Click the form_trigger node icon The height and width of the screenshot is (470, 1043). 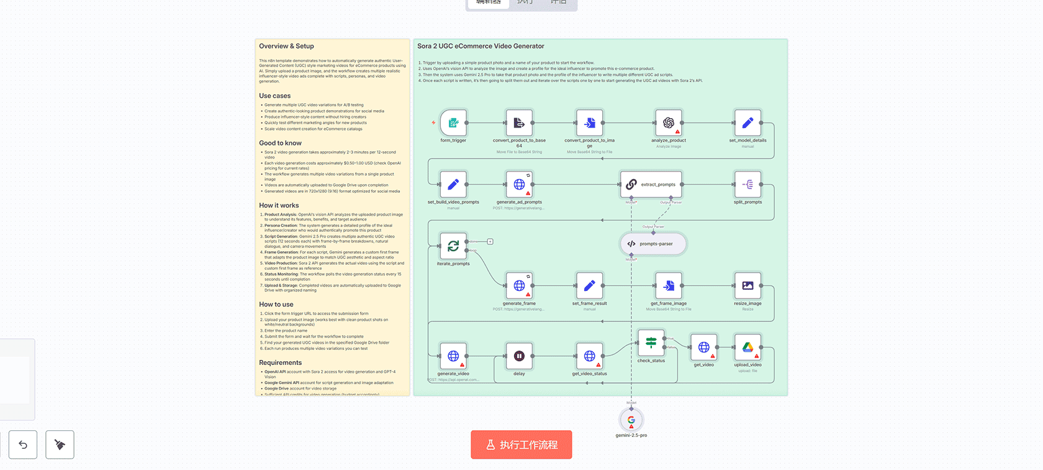tap(453, 123)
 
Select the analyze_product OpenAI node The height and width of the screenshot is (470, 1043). tap(668, 123)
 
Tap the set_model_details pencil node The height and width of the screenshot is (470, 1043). tap(747, 123)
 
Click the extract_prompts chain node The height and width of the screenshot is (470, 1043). tap(651, 185)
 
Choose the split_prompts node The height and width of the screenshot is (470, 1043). tap(747, 185)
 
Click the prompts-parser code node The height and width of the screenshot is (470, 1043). tap(653, 244)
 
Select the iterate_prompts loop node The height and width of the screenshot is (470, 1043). tap(453, 246)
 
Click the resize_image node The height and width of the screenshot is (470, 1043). tap(747, 286)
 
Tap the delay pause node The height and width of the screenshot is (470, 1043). tap(519, 356)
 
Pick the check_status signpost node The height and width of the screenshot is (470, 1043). tap(651, 343)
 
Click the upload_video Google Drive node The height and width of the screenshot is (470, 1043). tap(747, 348)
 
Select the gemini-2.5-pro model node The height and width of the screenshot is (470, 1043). tap(631, 420)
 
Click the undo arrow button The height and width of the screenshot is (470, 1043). tap(23, 445)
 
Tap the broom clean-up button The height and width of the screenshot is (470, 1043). tap(60, 445)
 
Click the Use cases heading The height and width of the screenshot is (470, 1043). tap(274, 96)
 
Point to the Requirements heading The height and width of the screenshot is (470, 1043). tap(280, 362)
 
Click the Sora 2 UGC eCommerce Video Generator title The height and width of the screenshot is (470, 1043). tap(481, 46)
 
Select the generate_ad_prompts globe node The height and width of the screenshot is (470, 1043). tap(519, 185)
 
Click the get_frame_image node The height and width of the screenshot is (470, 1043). tap(668, 286)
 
